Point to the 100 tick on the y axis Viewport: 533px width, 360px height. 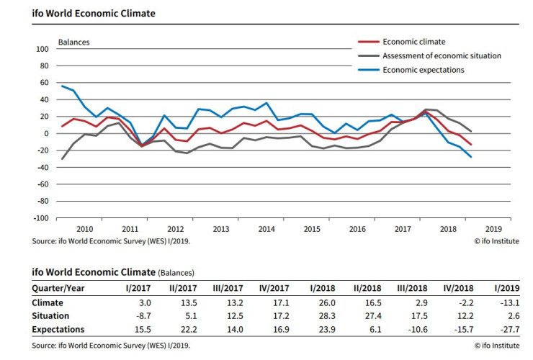coord(42,49)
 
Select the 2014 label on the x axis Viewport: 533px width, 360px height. coord(266,228)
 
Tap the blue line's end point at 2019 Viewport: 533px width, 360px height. coord(471,157)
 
